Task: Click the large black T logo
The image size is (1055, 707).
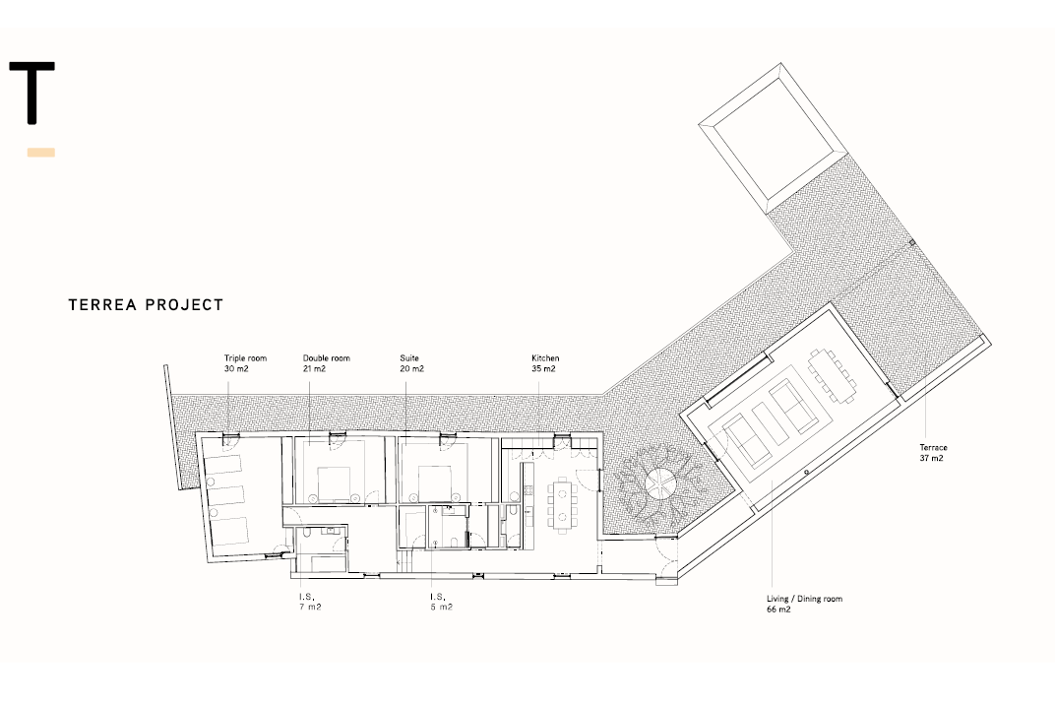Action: pos(31,93)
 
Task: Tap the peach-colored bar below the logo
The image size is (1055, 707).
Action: pos(41,153)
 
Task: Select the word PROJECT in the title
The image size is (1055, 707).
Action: pos(184,305)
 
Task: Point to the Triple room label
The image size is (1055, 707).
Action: pos(246,363)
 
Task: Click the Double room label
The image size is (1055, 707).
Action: pos(327,363)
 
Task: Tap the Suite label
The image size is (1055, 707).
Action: pos(411,363)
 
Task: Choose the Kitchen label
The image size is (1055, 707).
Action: pos(545,363)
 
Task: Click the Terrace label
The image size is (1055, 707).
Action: pos(933,453)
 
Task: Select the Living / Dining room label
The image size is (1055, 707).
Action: pos(804,604)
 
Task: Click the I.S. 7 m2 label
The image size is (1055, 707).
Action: pos(310,602)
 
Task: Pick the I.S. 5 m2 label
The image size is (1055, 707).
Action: pos(441,602)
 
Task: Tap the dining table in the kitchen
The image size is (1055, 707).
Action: pos(562,505)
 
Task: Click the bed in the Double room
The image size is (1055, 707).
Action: pos(335,484)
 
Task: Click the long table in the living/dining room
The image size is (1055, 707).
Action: pos(833,374)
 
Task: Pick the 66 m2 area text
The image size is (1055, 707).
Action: pos(778,610)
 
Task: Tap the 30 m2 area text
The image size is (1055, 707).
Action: pos(236,369)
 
